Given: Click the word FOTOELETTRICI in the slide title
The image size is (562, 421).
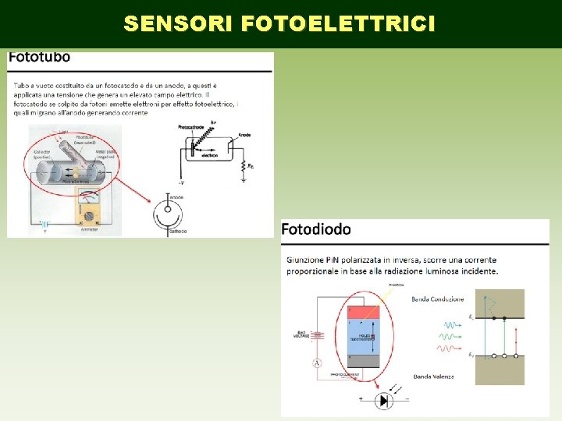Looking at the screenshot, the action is (x=339, y=24).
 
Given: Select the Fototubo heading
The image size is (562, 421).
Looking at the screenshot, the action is (x=39, y=57).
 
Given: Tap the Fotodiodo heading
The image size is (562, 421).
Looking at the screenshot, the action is (x=316, y=229).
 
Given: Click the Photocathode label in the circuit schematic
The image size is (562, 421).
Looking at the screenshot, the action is (x=191, y=126).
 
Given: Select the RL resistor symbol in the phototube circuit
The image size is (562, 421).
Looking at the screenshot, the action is (x=241, y=166).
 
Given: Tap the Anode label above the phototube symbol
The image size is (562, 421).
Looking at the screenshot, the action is (x=176, y=196).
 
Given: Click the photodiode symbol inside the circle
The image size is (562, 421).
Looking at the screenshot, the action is (x=382, y=400).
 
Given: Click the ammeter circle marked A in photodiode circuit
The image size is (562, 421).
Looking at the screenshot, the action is (x=318, y=363).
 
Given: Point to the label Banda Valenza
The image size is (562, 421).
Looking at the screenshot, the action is (x=432, y=377).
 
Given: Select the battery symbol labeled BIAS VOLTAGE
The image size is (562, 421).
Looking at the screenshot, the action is (x=318, y=336).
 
